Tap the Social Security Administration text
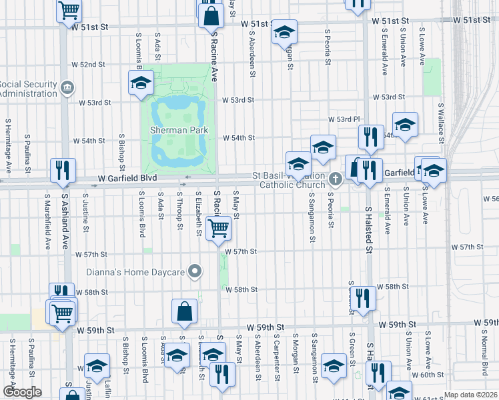(x=29, y=89)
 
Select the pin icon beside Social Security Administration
(x=67, y=87)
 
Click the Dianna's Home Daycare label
(x=137, y=271)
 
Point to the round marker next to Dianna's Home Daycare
(x=195, y=271)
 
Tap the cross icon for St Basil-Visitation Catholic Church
(x=335, y=179)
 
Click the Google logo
(x=22, y=392)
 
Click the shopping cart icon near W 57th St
(x=218, y=229)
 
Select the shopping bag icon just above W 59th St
(x=184, y=312)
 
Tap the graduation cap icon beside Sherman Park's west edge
(x=141, y=83)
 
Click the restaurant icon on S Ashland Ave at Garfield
(x=63, y=171)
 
